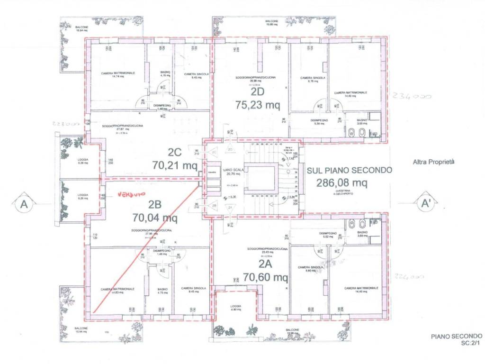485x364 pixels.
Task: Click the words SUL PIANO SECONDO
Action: (x=349, y=170)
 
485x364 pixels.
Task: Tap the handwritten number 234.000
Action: (x=412, y=96)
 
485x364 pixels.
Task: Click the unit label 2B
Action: (x=155, y=205)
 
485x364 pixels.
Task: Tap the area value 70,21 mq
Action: (x=175, y=165)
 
